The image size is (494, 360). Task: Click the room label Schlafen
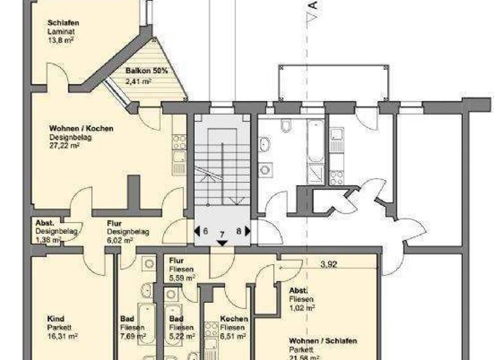pos(62,23)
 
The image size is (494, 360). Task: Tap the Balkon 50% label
pos(146,71)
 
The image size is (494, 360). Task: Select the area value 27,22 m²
pos(64,146)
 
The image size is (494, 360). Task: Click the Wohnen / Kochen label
pos(81,129)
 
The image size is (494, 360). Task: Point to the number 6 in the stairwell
pos(205,231)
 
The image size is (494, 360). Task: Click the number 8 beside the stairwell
pos(239,231)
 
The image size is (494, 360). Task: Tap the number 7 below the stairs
pos(222,235)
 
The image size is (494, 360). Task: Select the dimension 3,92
pos(328,263)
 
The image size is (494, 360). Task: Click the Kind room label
pos(55,318)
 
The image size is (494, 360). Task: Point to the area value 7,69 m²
pos(133,335)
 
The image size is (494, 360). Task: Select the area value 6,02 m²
pos(120,240)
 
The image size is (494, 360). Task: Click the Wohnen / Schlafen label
pos(323,340)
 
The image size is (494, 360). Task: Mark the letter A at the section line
pos(313,6)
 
